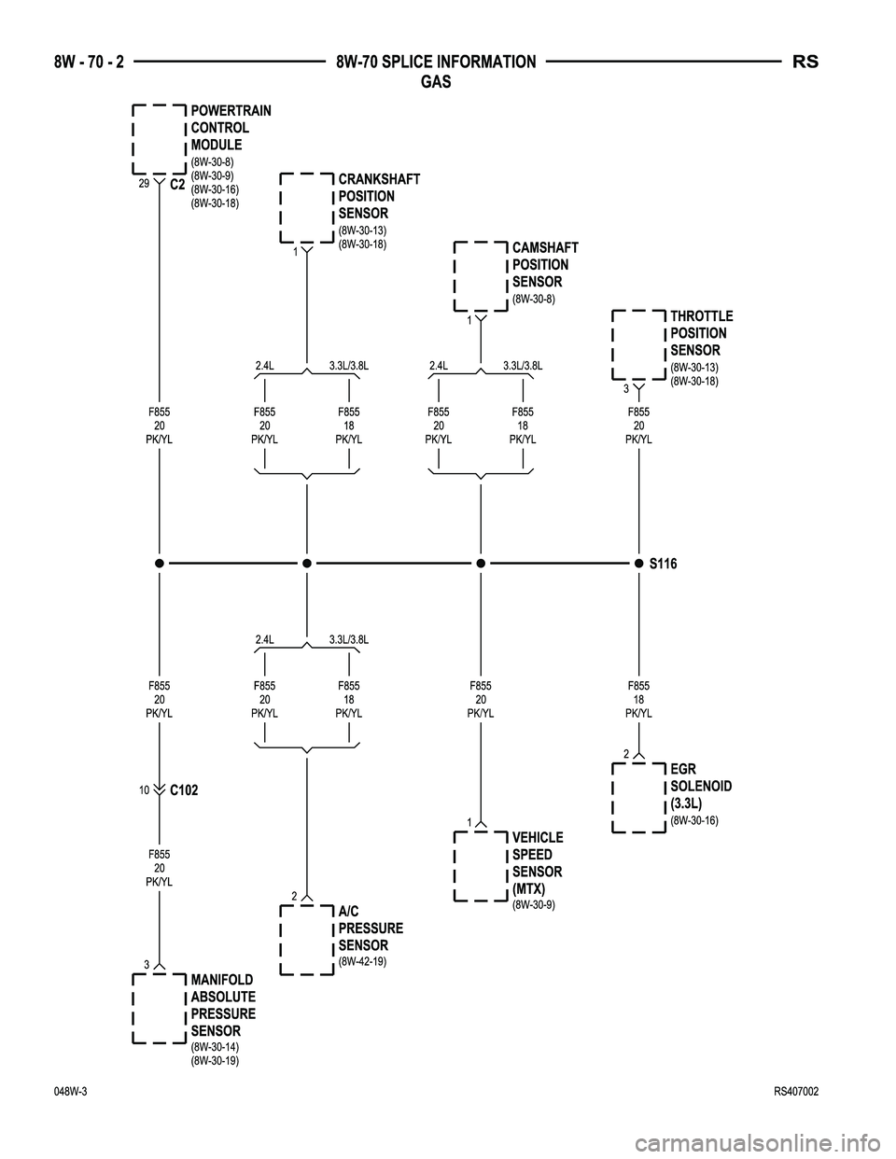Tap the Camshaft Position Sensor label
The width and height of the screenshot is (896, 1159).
pos(544,265)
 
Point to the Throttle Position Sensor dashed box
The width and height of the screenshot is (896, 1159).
pos(639,344)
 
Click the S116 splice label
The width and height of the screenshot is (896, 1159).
pos(663,565)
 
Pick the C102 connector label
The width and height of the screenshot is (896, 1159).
pos(184,790)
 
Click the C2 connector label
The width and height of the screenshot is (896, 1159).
pos(178,185)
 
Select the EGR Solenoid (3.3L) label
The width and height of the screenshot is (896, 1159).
pos(700,786)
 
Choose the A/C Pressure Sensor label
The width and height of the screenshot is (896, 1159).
pos(371,929)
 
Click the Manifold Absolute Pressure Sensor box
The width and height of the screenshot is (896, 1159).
pos(160,1009)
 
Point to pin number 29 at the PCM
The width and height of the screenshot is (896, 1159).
pos(144,184)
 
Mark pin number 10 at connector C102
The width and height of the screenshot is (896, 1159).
pos(145,789)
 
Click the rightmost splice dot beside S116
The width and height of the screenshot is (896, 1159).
pos(638,564)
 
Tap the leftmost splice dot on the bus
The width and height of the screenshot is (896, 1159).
pos(161,564)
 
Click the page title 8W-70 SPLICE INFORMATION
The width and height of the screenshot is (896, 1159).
pos(435,63)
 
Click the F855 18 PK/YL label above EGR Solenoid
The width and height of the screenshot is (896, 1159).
pos(638,699)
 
